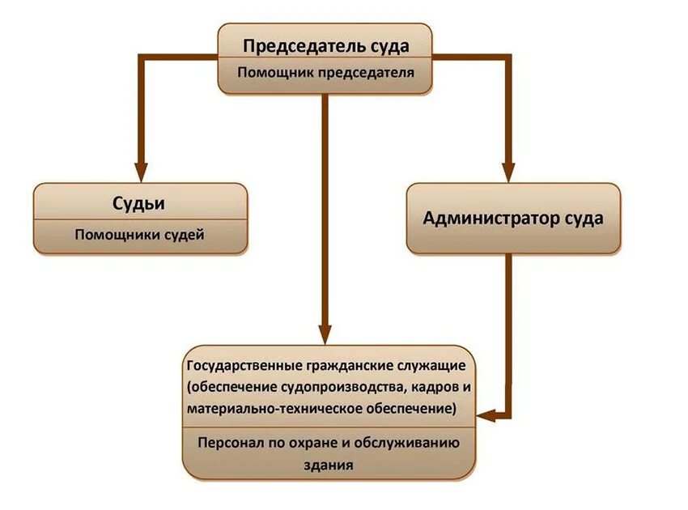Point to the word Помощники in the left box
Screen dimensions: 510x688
click(x=119, y=236)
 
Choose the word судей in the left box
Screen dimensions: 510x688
click(x=185, y=236)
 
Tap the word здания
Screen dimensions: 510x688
click(x=328, y=466)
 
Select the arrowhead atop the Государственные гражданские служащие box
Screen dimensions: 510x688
click(x=325, y=335)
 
